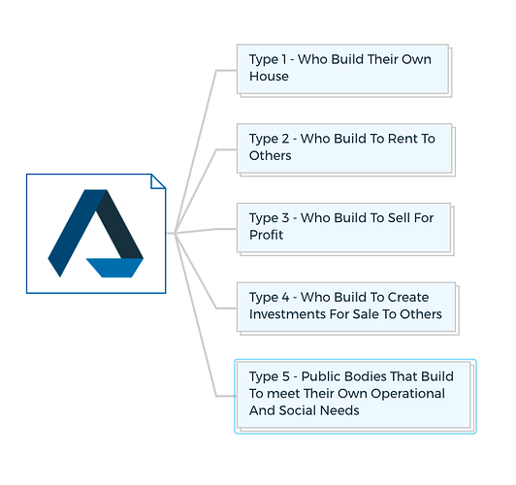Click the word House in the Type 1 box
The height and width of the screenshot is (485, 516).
269,77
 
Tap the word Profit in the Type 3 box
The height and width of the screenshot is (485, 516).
266,235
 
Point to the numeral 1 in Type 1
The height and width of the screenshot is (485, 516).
283,59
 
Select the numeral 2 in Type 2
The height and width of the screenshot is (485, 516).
284,139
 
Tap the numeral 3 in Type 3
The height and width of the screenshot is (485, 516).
284,218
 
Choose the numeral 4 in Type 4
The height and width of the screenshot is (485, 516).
285,297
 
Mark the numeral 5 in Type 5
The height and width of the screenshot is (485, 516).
285,376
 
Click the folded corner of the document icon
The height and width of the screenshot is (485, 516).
157,182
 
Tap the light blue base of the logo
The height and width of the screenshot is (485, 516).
114,268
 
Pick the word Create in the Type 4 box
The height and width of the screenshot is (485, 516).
408,297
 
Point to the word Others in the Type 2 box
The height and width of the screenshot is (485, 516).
271,155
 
